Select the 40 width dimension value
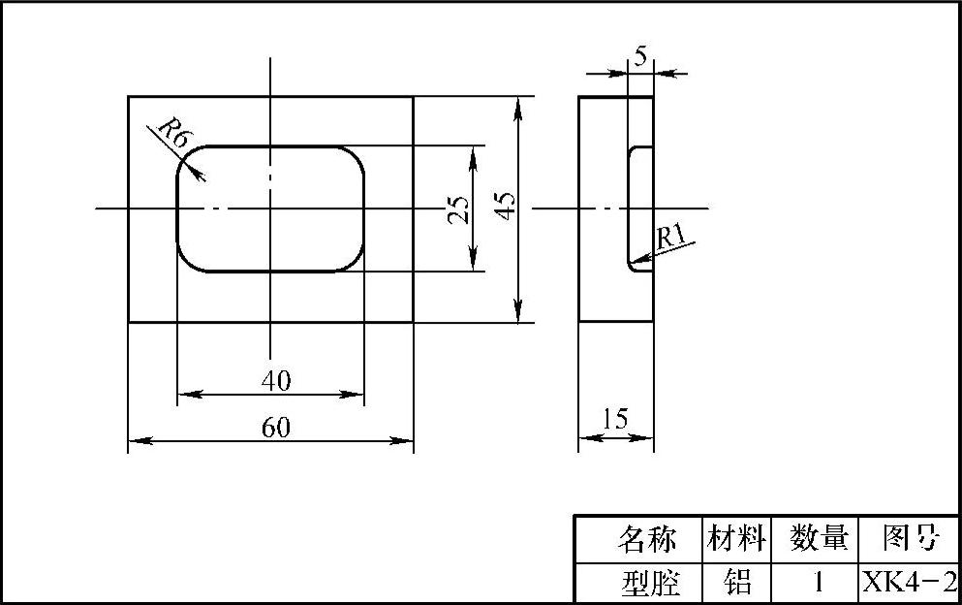click(276, 381)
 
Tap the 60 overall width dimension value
click(276, 428)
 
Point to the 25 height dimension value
click(458, 209)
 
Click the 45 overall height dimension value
click(506, 205)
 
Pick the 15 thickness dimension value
click(614, 419)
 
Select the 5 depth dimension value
click(640, 57)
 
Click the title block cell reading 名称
click(645, 537)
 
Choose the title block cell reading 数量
click(819, 537)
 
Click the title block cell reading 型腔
click(645, 583)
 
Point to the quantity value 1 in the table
click(819, 583)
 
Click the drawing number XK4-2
click(910, 583)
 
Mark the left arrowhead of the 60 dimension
click(137, 441)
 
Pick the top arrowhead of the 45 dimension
click(520, 104)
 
